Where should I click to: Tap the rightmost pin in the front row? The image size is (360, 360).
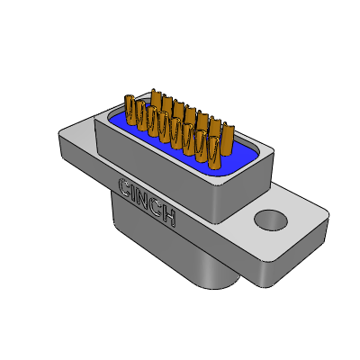click(215, 152)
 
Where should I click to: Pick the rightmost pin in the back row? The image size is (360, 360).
click(228, 139)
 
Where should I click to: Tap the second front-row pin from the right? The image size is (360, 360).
click(202, 146)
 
